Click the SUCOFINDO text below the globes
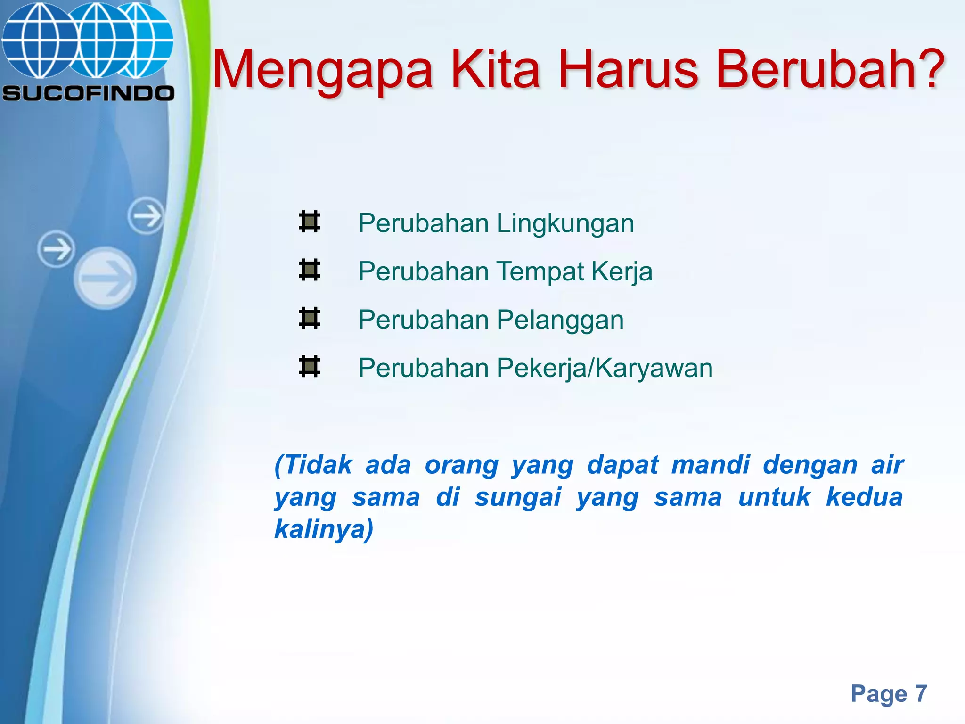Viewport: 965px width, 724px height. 88,93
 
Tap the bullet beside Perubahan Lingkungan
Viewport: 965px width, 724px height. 310,222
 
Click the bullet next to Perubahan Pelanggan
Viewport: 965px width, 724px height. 310,318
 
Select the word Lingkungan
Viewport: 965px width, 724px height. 565,223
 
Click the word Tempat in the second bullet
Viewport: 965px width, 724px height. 540,272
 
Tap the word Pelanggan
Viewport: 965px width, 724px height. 560,320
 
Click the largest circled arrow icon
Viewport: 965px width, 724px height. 105,278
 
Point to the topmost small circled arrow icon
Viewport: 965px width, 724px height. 146,216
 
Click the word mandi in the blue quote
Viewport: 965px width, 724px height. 710,465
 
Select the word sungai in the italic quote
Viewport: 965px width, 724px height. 518,497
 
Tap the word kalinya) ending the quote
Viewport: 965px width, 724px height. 324,529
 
